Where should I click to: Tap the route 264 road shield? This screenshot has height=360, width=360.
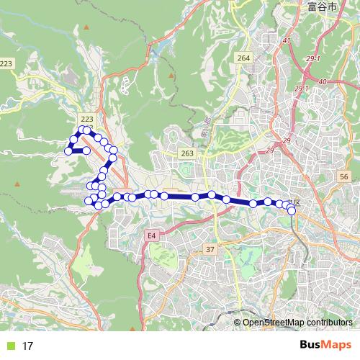243,58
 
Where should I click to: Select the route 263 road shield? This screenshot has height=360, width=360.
187,153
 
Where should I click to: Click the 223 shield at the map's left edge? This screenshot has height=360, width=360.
6,64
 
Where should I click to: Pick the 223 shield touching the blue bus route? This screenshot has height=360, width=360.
87,119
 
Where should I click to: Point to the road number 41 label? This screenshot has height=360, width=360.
286,41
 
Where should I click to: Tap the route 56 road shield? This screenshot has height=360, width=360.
344,176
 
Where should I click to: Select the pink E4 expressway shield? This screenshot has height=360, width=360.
151,235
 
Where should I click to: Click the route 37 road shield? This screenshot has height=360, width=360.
210,249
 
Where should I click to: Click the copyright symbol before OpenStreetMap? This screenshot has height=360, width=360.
238,323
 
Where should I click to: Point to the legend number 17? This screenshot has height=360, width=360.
27,346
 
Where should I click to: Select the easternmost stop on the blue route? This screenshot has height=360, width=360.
292,210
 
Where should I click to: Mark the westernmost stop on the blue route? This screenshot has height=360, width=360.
68,151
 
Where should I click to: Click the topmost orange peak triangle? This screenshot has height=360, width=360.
86,27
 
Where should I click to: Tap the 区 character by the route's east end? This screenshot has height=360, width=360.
296,203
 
